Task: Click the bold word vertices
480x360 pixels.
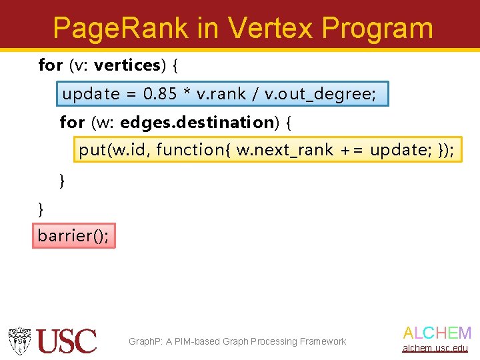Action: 127,65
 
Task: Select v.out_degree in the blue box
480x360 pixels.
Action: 320,95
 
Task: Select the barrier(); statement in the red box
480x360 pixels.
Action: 73,235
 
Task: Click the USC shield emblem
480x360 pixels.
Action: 19,341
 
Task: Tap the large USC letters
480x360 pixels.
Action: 67,341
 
